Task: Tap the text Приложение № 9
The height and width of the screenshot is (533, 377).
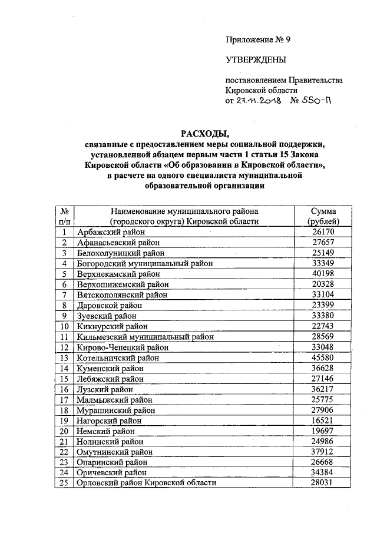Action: tap(258, 40)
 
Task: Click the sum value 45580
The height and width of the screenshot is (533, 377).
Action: tap(323, 357)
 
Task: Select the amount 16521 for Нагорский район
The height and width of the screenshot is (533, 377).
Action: tap(323, 420)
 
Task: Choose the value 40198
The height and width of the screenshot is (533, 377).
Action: tap(323, 274)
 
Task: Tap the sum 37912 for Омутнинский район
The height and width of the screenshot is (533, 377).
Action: tap(323, 452)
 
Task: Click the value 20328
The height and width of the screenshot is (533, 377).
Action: tap(323, 284)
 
